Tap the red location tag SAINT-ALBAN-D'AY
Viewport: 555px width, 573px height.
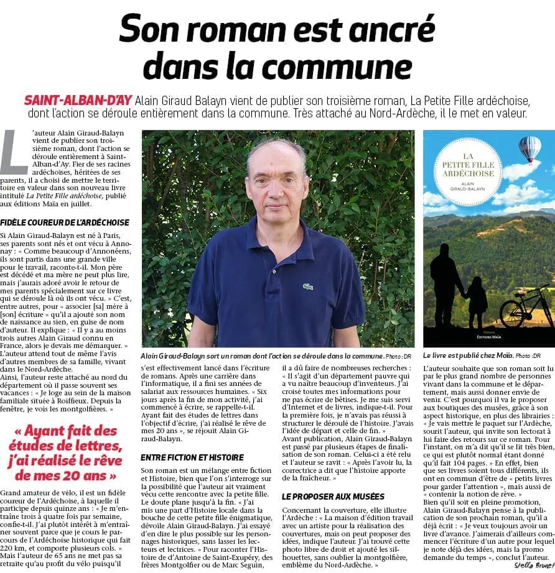(x=77, y=100)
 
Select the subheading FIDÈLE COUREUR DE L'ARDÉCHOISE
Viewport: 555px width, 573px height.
(x=65, y=222)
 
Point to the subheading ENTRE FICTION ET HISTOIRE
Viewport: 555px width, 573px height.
(x=192, y=457)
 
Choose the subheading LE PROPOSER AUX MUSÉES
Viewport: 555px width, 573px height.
(x=333, y=497)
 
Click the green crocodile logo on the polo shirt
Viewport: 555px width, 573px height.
(x=308, y=286)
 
